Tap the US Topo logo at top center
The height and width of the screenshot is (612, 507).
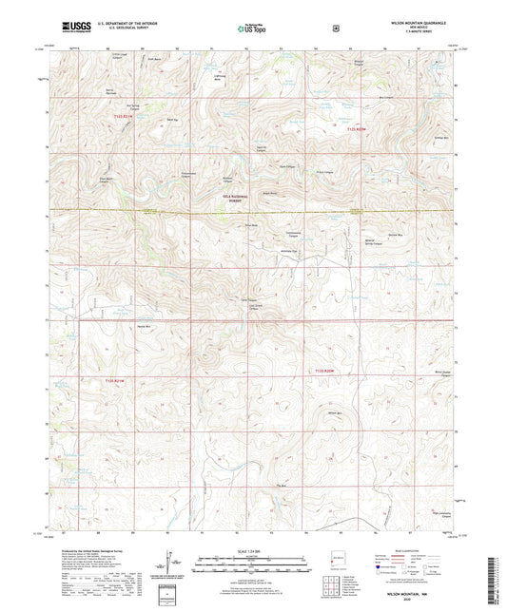point(252,29)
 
